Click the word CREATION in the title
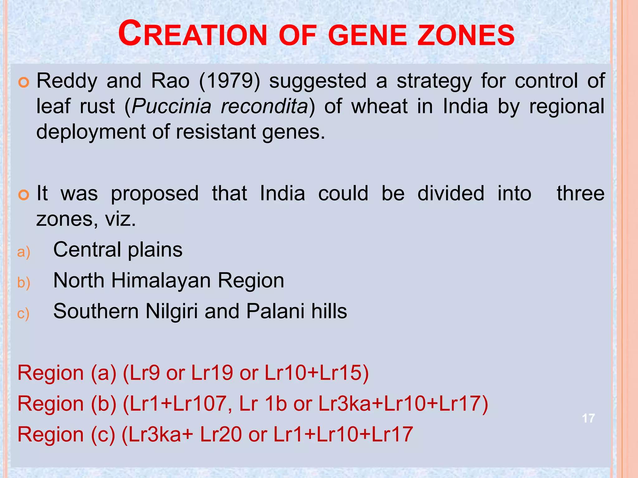pos(193,34)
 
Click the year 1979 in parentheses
pos(230,81)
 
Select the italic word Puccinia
pos(171,106)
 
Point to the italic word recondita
pos(264,106)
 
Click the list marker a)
pos(24,252)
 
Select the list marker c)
pos(23,313)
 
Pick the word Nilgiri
pos(171,312)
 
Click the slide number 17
pos(588,418)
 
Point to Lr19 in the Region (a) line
pos(212,373)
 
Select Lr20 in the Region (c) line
pos(221,434)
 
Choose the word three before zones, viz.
pos(580,194)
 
